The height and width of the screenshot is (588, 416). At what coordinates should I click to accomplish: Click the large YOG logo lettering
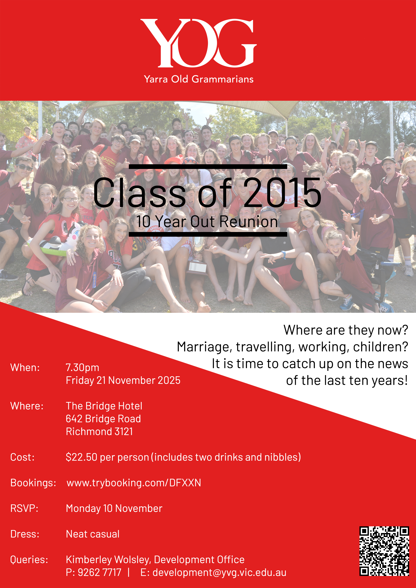pos(198,43)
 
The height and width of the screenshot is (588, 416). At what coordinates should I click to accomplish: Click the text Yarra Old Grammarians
pos(199,79)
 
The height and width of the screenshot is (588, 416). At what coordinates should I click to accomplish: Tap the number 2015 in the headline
pos(282,193)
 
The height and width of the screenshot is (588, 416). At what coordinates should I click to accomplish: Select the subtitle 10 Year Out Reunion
pos(207,222)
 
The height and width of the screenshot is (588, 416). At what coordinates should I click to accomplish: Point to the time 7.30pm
pos(82,367)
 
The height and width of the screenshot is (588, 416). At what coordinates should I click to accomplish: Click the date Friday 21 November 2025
pos(123,380)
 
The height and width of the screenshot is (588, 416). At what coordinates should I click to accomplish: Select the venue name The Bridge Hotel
pos(104,406)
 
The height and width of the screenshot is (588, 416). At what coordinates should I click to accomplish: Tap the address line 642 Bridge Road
pos(103,419)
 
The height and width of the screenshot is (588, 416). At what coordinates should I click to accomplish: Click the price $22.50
pos(82,457)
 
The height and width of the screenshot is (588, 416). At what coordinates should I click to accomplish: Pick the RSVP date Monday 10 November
pos(114,508)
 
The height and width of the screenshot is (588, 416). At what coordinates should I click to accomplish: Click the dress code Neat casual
pos(93,534)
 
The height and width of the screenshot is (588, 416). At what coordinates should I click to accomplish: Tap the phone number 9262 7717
pos(99,572)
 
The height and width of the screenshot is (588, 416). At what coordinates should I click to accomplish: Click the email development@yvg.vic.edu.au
pos(219,573)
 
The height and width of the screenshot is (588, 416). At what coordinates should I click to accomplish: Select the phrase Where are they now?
pos(346,330)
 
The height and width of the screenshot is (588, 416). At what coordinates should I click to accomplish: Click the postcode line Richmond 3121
pos(99,431)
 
